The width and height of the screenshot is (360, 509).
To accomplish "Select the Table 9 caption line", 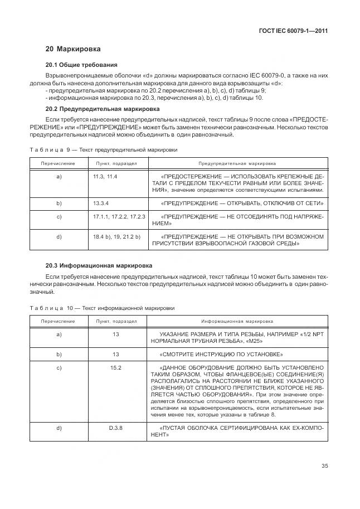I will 103,150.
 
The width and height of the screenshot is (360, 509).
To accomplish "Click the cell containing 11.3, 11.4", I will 105,177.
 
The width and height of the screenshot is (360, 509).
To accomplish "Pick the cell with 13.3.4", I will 101,203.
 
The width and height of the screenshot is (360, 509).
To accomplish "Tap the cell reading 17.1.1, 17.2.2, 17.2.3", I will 119,216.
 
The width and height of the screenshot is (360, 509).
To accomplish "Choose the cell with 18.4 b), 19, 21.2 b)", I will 116,237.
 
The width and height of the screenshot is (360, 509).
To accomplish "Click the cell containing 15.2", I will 116,368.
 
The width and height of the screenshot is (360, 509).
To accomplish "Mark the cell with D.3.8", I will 116,428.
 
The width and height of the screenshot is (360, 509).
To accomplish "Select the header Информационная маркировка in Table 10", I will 237,322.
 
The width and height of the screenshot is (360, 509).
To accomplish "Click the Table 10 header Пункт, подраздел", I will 116,322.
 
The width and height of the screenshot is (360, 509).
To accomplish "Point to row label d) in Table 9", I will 59,237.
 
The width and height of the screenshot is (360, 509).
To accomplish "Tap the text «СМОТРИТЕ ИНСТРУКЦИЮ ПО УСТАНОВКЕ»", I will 221,355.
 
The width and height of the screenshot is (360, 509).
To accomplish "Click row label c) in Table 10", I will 59,368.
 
